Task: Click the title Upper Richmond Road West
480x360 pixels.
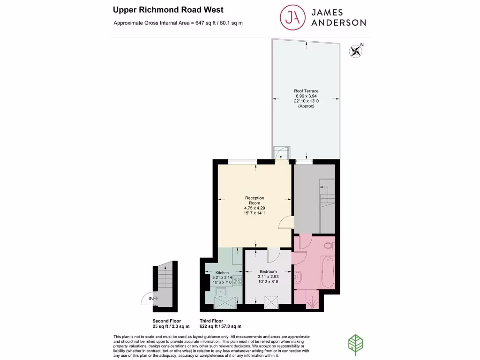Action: (x=168, y=9)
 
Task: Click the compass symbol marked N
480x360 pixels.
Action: (x=356, y=51)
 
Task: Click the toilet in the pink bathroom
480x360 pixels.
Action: (x=329, y=245)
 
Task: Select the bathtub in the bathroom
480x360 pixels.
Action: (x=329, y=274)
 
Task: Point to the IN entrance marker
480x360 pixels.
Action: (x=151, y=298)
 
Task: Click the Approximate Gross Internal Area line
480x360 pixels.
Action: (x=178, y=23)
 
